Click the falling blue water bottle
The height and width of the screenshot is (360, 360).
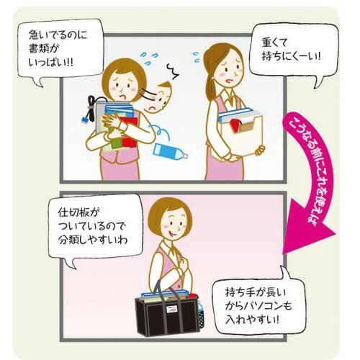pos(171,151)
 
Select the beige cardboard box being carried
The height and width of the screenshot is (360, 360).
pos(240,135)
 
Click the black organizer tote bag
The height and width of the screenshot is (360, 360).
pos(168,312)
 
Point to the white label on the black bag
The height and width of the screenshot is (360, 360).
pos(172,309)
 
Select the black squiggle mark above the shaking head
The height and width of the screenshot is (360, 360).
pos(173,72)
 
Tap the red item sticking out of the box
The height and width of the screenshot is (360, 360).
pos(235,125)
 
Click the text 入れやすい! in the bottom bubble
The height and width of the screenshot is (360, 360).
pos(252,320)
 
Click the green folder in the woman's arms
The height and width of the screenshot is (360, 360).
pos(116,143)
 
